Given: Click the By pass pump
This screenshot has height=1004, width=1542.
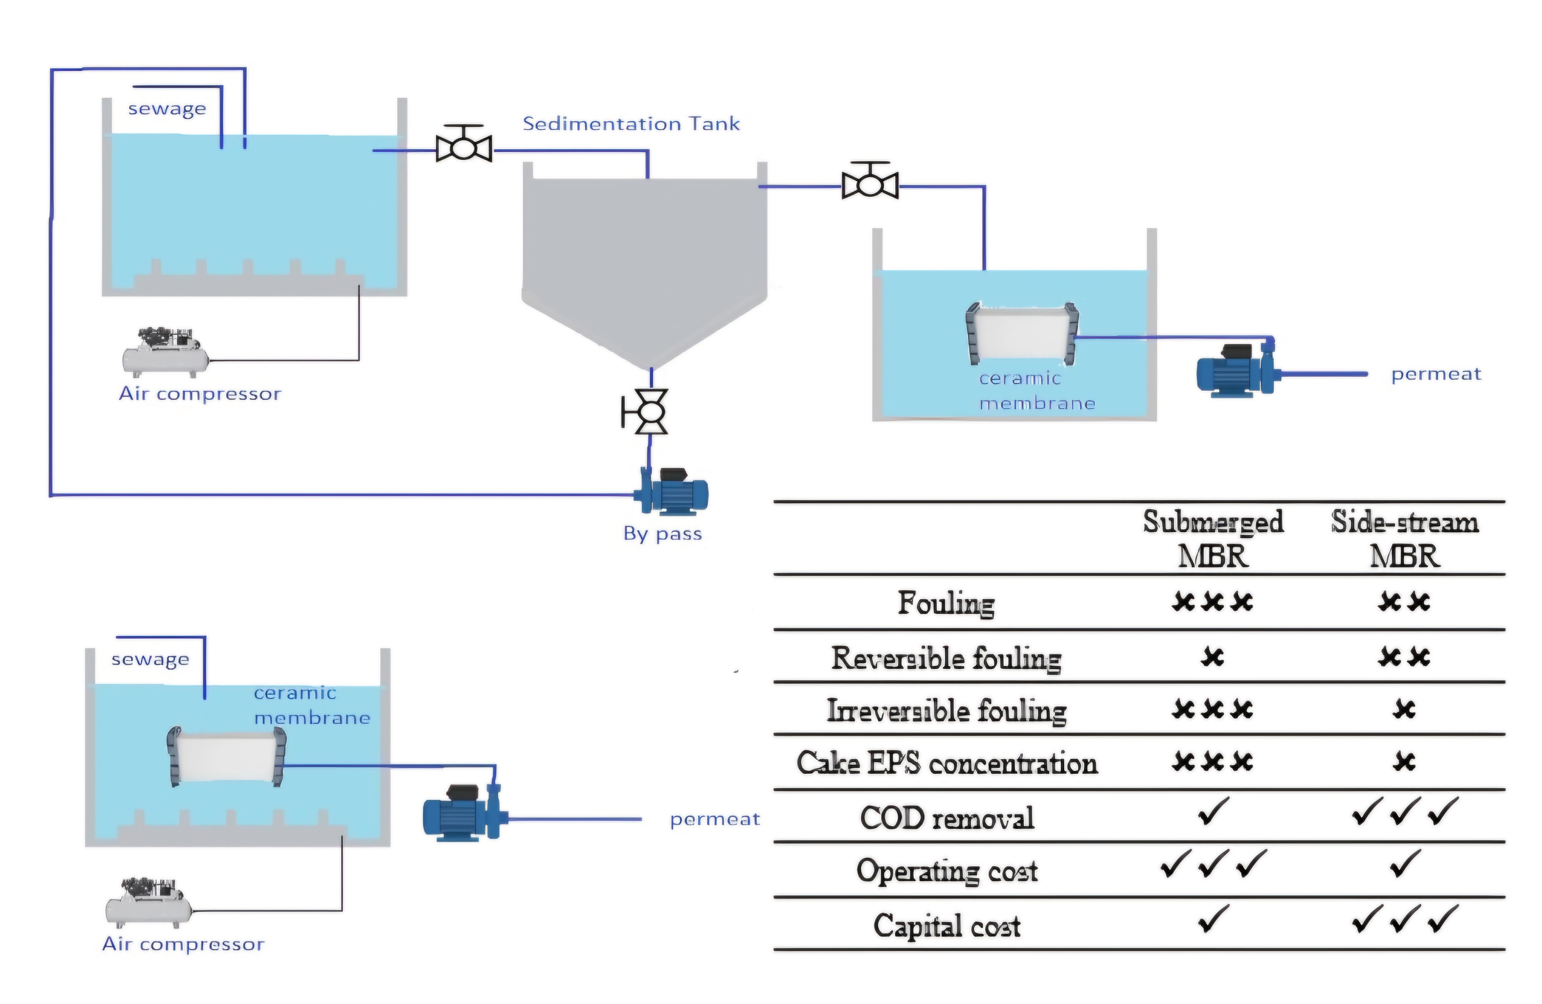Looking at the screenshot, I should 674,493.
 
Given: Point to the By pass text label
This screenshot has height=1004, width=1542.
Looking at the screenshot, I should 662,533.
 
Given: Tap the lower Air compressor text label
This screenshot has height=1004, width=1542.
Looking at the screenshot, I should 183,944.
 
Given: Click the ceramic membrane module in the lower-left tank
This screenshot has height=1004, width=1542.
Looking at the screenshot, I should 227,757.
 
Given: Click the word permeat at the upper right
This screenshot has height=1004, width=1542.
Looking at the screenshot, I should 1436,374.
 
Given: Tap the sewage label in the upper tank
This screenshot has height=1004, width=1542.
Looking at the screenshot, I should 167,109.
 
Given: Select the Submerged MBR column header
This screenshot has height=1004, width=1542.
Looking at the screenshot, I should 1212,538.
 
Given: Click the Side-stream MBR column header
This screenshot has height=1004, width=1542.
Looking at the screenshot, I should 1404,538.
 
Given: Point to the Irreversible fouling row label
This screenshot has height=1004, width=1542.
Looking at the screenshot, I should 947,710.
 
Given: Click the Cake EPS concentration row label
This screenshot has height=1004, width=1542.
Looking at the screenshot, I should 947,763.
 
